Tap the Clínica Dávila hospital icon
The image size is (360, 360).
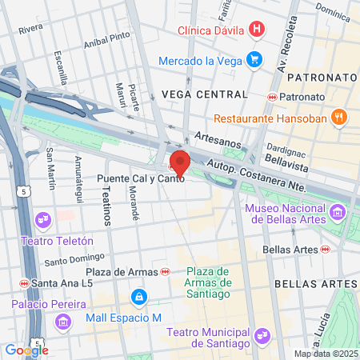point(256,30)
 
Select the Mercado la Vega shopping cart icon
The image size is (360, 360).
point(254,59)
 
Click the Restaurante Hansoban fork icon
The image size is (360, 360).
point(339,118)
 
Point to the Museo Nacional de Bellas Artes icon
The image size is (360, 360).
point(338,213)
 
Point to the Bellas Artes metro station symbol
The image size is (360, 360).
point(325,250)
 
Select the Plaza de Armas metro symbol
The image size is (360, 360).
point(166,272)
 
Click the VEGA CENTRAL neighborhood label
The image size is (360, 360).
point(204,94)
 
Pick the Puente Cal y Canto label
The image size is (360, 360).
point(142,178)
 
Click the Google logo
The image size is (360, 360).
point(26,350)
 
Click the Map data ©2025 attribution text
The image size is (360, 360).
point(325,354)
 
